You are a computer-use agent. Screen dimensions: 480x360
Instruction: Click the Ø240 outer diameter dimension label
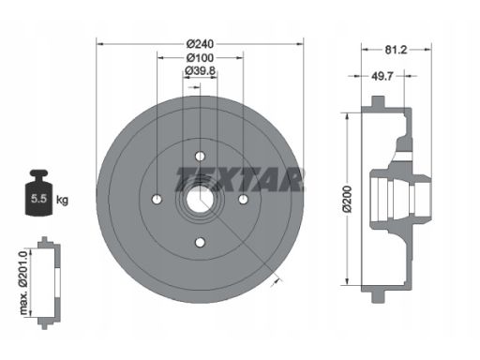coord(200,44)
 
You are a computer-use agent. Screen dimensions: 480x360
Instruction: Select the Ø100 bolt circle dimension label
coord(200,58)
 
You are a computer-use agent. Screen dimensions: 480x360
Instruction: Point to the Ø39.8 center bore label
coord(200,71)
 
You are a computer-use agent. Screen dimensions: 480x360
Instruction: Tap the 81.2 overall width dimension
coord(396,50)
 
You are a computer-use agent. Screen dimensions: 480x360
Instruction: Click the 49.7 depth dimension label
coord(382,76)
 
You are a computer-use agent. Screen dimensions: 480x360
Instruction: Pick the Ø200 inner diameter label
coord(347,199)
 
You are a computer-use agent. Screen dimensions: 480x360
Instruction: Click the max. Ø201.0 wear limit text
coord(23,282)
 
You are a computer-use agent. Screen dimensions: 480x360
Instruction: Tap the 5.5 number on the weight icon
coord(38,199)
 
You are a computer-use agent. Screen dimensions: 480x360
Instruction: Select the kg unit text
coord(62,200)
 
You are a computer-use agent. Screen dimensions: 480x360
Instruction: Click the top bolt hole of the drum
coord(200,156)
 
